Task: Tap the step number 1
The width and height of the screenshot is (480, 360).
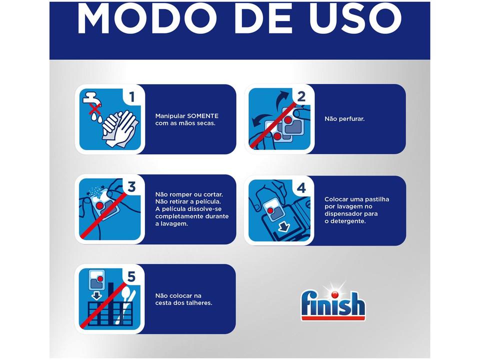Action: click(131, 97)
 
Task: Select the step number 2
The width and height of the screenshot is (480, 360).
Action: click(301, 97)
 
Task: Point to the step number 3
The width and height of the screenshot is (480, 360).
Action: click(131, 187)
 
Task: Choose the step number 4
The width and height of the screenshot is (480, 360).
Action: click(301, 188)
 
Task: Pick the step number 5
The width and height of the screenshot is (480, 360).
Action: click(131, 276)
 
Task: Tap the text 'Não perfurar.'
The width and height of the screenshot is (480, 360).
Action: click(344, 119)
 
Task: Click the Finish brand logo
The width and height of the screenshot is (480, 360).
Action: click(332, 302)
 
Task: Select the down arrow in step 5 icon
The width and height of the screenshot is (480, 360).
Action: click(96, 295)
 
